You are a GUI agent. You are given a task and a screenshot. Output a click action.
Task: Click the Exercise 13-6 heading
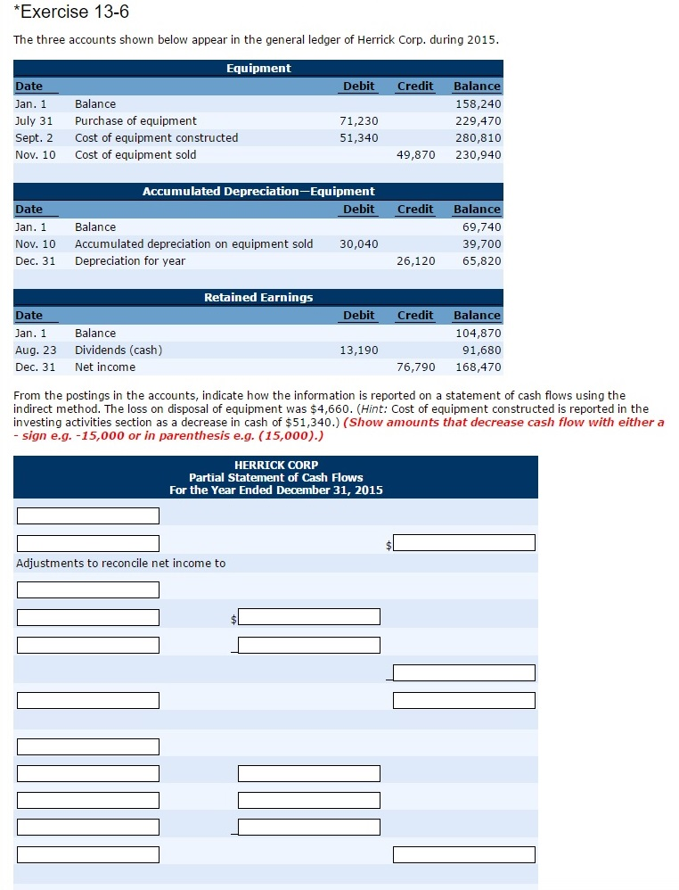click(x=65, y=12)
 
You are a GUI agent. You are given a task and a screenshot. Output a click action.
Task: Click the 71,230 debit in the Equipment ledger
click(x=358, y=120)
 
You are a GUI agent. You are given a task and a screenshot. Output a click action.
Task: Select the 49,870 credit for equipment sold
click(x=415, y=154)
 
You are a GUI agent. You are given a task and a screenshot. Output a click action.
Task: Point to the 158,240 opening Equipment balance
click(x=478, y=103)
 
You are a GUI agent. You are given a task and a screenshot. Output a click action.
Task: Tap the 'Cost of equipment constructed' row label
click(x=156, y=137)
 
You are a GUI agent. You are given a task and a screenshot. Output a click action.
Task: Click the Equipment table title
click(x=258, y=68)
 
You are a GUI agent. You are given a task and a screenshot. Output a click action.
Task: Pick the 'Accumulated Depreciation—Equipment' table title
click(x=258, y=191)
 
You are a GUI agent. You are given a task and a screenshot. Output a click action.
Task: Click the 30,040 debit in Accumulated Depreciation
click(x=358, y=243)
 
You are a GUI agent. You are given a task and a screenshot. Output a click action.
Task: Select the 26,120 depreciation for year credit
click(x=415, y=260)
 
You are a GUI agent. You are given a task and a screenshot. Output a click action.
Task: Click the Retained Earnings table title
click(x=258, y=297)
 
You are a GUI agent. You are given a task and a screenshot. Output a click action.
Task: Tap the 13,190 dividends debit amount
click(x=358, y=350)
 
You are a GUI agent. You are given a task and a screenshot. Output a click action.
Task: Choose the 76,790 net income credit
click(x=415, y=367)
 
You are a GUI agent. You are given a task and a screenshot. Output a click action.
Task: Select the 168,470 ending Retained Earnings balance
click(x=478, y=367)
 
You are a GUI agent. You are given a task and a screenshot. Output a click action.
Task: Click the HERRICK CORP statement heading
click(x=275, y=465)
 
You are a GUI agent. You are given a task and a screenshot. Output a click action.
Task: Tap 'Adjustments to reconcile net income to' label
click(x=121, y=563)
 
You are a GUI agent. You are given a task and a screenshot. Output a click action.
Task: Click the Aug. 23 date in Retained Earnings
click(x=36, y=350)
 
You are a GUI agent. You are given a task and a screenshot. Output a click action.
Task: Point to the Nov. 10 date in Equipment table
click(x=36, y=154)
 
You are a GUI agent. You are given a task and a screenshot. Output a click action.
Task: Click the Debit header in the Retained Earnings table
click(x=358, y=315)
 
